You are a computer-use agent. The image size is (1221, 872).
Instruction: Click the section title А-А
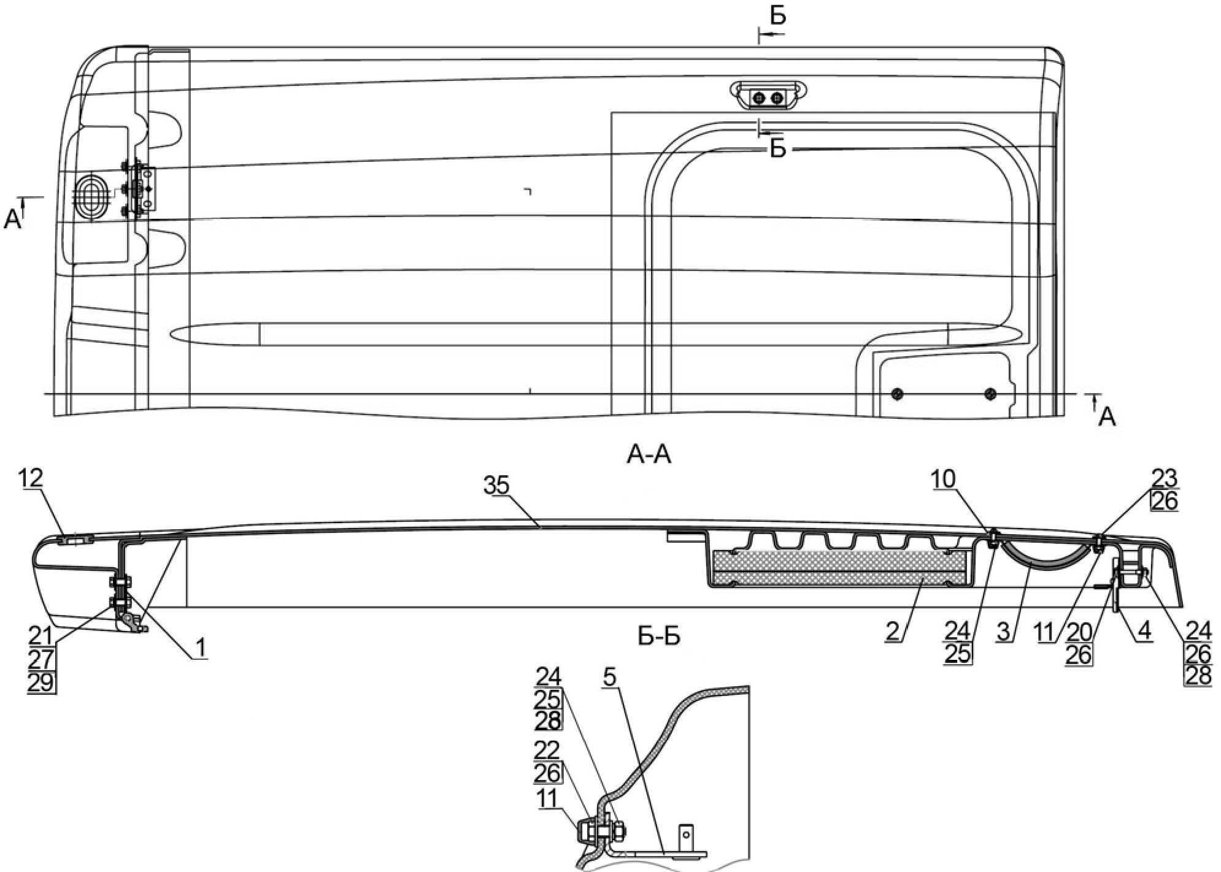(x=649, y=455)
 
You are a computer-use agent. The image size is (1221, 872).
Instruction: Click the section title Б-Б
(x=659, y=637)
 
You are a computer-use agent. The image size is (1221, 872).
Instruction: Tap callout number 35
(x=496, y=486)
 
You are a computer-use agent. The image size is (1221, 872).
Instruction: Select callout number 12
(x=31, y=478)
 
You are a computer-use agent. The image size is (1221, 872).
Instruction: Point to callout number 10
(x=943, y=479)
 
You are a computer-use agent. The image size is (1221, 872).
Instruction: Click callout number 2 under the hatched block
(x=893, y=631)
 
